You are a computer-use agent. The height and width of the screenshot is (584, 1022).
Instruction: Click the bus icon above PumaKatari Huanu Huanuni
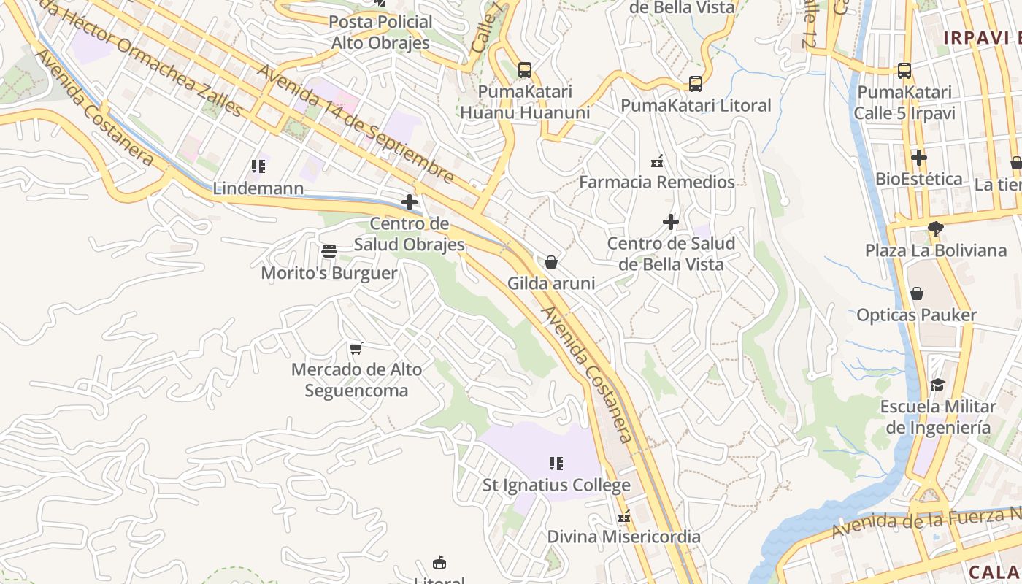coord(525,70)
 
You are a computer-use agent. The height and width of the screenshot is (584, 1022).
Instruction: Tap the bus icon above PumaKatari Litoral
coord(696,84)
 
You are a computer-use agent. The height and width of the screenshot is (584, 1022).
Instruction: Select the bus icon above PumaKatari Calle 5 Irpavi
coord(904,71)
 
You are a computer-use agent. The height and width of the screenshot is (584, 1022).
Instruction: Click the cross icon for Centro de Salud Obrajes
coord(410,202)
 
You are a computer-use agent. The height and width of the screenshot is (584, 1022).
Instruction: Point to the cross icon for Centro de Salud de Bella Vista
coord(671,221)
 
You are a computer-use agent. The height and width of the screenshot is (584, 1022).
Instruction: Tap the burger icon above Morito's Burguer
coord(329,252)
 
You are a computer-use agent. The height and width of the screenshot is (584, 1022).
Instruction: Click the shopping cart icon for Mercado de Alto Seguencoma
coord(356,348)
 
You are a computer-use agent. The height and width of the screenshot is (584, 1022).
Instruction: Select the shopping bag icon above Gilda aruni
coord(551,261)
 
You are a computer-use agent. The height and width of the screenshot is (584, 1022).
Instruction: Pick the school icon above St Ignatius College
coord(556,464)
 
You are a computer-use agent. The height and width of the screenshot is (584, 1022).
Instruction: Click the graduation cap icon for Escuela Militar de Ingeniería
coord(938,385)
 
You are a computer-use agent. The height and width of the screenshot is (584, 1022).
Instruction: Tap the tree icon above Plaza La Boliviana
coord(935,229)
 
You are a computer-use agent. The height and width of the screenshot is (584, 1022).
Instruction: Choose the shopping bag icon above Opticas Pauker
coord(917,293)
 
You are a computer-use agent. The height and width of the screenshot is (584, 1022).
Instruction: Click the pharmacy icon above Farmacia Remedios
coord(657,161)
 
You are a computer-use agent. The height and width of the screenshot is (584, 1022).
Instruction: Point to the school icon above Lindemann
coord(258,166)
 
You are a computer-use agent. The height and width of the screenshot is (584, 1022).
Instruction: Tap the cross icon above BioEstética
coord(918,157)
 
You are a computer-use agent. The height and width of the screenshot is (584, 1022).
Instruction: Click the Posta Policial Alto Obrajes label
coord(380,32)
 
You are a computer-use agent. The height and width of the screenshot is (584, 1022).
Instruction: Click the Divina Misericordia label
coord(624,537)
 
